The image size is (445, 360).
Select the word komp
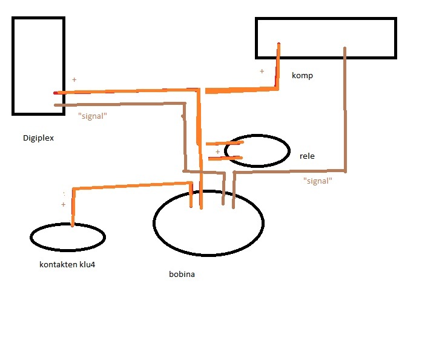(x=302, y=76)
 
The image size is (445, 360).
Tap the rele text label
(x=307, y=156)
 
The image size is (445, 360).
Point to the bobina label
(x=182, y=274)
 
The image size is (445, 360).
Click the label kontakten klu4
(x=67, y=264)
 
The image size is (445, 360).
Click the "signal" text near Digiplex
(x=93, y=116)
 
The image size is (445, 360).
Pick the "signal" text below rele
(x=317, y=181)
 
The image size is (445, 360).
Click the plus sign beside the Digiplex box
(x=74, y=79)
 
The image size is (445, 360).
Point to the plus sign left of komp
(x=262, y=71)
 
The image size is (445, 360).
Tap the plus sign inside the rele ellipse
(x=218, y=152)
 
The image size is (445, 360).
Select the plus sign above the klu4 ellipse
(x=63, y=205)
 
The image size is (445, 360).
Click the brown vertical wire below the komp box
(x=345, y=109)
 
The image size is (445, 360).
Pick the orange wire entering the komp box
(x=278, y=67)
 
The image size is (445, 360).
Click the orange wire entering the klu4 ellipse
(x=73, y=209)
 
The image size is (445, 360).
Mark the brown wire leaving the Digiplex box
(x=121, y=104)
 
